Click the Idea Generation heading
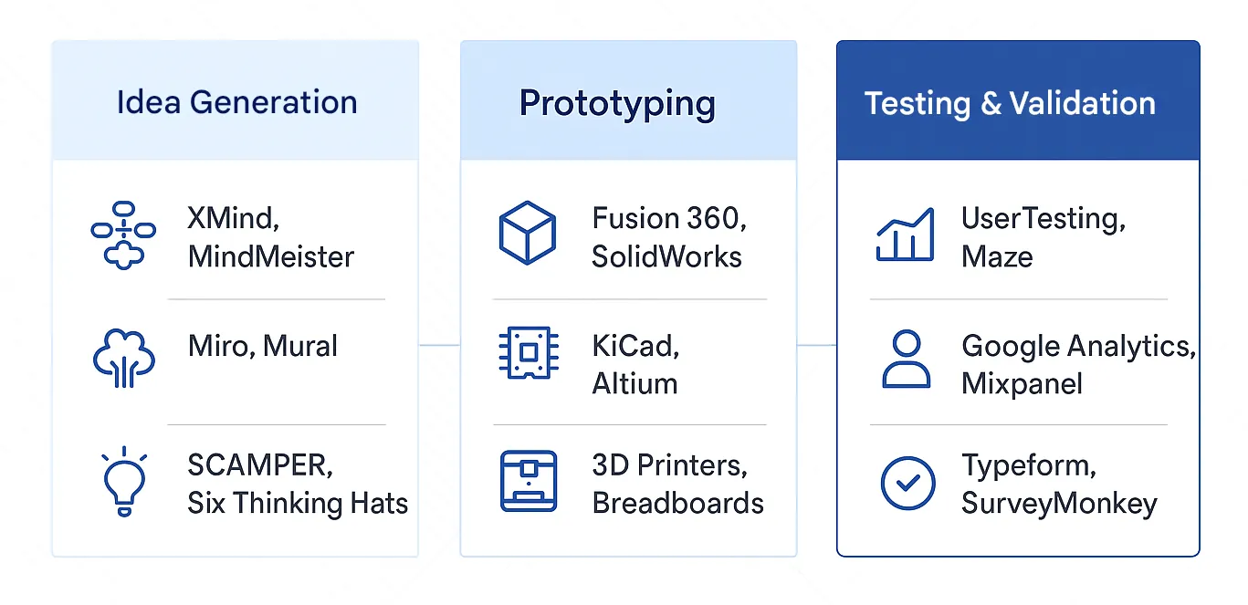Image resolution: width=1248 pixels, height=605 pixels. click(236, 102)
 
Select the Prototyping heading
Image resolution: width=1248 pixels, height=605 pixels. click(617, 103)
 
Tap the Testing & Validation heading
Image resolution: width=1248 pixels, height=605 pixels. click(1010, 103)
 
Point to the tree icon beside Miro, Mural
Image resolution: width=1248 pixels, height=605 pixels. click(124, 358)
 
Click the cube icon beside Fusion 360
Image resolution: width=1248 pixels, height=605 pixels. click(528, 234)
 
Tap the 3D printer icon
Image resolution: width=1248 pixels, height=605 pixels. click(528, 481)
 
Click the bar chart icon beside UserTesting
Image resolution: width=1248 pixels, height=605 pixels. click(905, 235)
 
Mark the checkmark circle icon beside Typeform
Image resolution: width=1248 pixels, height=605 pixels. click(907, 483)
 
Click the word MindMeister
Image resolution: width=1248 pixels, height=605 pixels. click(270, 256)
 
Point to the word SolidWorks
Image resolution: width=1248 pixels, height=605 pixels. click(666, 256)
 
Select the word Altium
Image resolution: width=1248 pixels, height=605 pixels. click(634, 383)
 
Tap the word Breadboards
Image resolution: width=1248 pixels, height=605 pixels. click(677, 503)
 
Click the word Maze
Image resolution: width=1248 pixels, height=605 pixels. click(997, 256)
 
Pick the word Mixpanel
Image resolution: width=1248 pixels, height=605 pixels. click(1022, 383)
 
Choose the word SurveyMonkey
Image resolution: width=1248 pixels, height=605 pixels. click(1059, 503)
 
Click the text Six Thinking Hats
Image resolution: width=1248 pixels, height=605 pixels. click(298, 503)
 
